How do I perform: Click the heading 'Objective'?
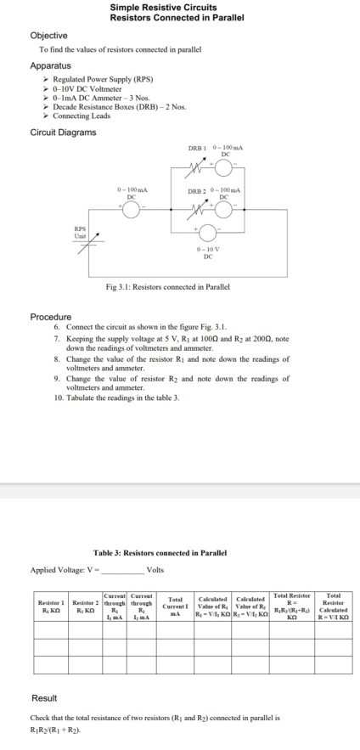click(x=48, y=36)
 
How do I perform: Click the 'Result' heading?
click(x=44, y=697)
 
